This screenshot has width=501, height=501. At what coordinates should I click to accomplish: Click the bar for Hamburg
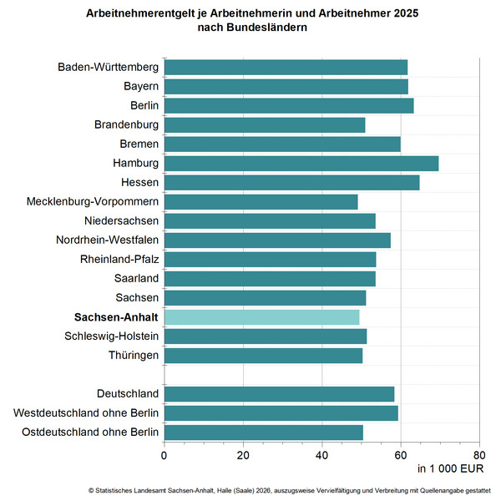301,163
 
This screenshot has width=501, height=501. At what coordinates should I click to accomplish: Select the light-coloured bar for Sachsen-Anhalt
261,316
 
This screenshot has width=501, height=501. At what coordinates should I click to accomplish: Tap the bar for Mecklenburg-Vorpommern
261,201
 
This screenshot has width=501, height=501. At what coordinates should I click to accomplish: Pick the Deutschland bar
279,393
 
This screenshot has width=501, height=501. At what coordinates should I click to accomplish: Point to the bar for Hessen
291,182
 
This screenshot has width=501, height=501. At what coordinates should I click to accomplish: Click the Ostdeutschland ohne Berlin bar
263,432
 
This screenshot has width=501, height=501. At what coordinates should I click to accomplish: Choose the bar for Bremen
282,144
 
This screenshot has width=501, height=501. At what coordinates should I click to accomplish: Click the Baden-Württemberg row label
109,67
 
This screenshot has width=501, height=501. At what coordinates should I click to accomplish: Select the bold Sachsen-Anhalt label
116,316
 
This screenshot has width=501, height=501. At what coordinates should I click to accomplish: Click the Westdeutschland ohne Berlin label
86,412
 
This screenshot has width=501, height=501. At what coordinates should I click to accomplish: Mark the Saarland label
136,278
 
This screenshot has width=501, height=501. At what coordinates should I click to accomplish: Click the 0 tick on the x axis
164,455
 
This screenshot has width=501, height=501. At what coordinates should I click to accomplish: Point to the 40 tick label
321,455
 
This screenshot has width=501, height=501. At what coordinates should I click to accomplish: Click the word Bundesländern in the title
270,28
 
